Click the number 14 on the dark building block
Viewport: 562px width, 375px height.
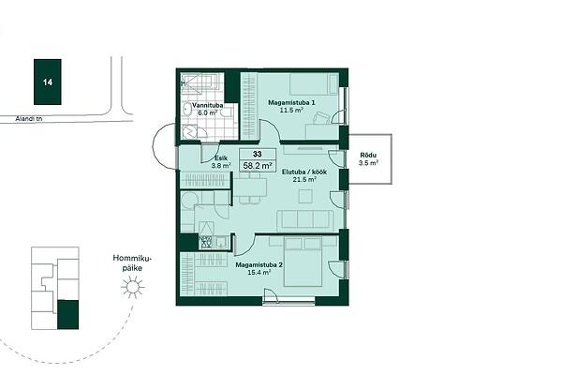tap(48, 82)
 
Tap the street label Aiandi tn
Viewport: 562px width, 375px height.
tap(29, 119)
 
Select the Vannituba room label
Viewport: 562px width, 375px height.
tap(208, 106)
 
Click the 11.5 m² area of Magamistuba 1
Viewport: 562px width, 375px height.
tap(291, 111)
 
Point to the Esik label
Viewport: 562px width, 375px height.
tap(221, 158)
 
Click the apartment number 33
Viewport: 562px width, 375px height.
tap(258, 154)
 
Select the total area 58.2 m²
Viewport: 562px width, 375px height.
tap(258, 165)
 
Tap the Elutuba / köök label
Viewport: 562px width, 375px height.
tap(303, 172)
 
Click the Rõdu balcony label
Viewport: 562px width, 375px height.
tap(368, 156)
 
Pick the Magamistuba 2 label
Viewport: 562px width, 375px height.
tap(259, 264)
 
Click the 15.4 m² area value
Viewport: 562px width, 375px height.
tap(259, 273)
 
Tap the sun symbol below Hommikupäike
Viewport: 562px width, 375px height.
tap(133, 287)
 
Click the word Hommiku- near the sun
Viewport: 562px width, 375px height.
tap(132, 259)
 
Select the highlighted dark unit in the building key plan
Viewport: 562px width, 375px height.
tap(68, 315)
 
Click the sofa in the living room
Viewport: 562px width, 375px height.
tap(305, 220)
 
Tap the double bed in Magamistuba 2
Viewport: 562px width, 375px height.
tap(303, 262)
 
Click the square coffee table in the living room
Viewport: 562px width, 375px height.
tap(305, 196)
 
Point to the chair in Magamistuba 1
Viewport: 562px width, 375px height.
tap(321, 118)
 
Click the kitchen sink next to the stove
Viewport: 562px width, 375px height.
tap(221, 242)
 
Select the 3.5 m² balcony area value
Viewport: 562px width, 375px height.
tap(368, 163)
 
